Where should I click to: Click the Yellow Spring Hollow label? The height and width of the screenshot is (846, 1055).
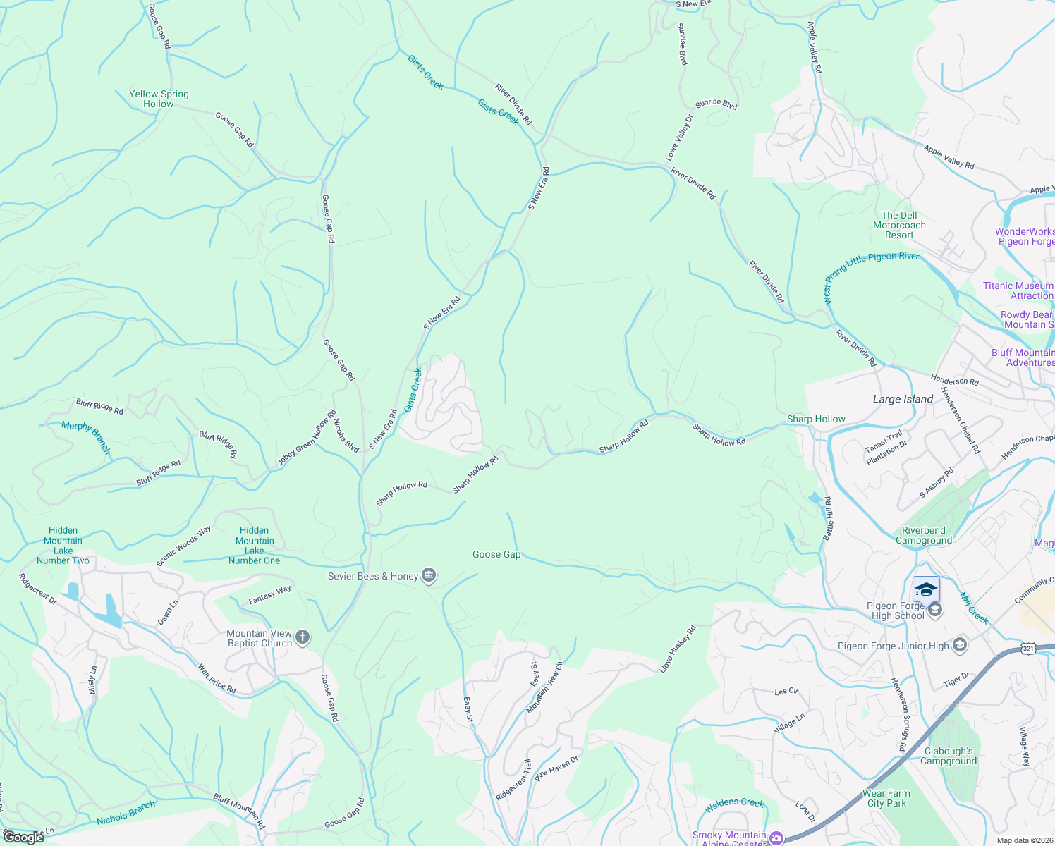pos(159,99)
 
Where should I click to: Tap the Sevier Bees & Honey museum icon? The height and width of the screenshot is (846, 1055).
pos(428,576)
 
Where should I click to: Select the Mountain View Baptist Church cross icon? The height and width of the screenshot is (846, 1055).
pos(302,638)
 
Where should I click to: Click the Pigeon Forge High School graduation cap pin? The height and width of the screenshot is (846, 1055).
pos(925,589)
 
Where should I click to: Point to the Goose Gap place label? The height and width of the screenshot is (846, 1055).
pos(496,555)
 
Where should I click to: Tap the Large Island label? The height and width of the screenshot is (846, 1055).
pos(903,399)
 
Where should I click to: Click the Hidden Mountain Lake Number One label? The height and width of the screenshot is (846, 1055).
pos(254,546)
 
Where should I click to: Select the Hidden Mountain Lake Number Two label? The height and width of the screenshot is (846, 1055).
pos(63,546)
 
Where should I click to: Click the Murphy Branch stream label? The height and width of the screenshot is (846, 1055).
pos(86,437)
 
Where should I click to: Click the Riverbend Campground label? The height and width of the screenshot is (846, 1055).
pos(924,535)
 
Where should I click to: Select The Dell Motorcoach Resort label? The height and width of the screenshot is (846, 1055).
pos(899,225)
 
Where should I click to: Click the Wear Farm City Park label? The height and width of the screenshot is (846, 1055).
pos(886,798)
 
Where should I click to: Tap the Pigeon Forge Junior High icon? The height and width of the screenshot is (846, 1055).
pos(959,645)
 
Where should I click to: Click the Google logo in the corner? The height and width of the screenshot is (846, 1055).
pos(23,837)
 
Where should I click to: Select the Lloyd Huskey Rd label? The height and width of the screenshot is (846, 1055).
pos(677,649)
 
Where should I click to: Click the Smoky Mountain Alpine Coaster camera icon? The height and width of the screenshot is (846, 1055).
pos(776,838)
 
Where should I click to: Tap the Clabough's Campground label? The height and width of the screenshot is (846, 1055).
pos(949,756)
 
